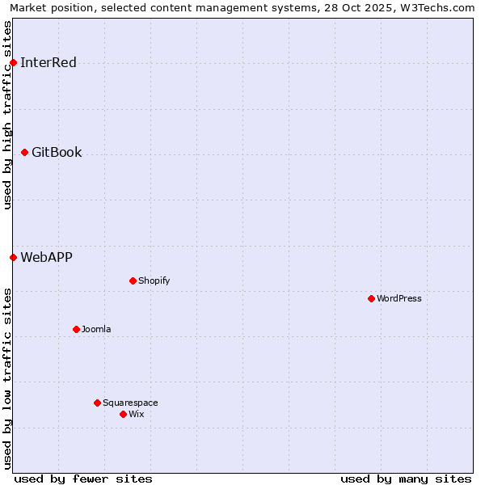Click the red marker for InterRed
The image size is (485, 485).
tap(13, 62)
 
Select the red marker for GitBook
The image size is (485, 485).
tap(24, 152)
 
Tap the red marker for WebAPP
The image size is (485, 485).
tap(13, 257)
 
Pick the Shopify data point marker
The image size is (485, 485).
tap(133, 280)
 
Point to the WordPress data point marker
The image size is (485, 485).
tap(371, 298)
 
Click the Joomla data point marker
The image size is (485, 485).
tap(76, 329)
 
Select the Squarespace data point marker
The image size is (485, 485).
tap(97, 403)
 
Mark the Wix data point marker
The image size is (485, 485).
tap(123, 414)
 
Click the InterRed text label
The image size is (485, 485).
tap(48, 62)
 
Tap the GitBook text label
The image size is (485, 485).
tap(57, 152)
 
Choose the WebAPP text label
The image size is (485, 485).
tap(46, 257)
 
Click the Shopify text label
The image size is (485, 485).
tap(154, 280)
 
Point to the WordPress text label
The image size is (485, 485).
tap(399, 298)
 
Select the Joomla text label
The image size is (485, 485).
tap(96, 329)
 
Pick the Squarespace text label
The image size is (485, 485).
tap(130, 403)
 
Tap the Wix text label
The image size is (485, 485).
tap(137, 414)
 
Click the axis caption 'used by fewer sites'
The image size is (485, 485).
tap(83, 479)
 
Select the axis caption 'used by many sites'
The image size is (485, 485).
tap(406, 479)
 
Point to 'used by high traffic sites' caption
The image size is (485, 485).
tap(7, 115)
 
